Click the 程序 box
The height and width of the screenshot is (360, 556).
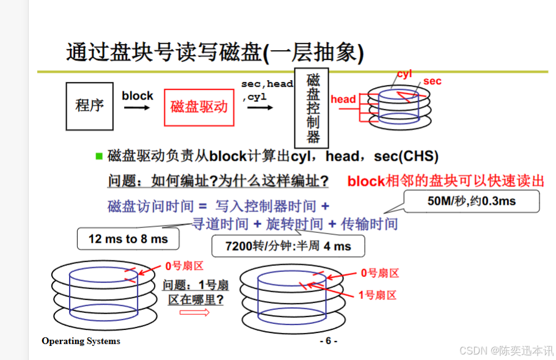(89, 106)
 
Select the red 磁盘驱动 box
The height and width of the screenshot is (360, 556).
(199, 107)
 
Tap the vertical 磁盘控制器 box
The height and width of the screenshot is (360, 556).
(313, 107)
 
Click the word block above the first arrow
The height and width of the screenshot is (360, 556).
(137, 96)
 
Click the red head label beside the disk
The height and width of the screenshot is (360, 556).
(343, 99)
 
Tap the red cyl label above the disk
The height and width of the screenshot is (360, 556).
(404, 74)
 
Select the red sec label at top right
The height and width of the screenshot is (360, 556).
(432, 81)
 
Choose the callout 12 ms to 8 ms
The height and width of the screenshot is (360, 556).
(128, 239)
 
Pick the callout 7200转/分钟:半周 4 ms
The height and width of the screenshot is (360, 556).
(288, 246)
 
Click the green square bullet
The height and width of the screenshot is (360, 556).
(99, 156)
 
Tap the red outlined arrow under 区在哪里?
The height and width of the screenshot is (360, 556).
(195, 312)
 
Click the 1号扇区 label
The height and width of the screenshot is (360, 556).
(377, 295)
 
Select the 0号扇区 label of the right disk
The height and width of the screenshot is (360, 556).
(379, 273)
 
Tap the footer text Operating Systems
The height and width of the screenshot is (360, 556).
(81, 341)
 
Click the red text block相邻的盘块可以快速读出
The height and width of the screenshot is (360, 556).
(445, 181)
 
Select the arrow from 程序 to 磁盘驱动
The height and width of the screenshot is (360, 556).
(137, 108)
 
